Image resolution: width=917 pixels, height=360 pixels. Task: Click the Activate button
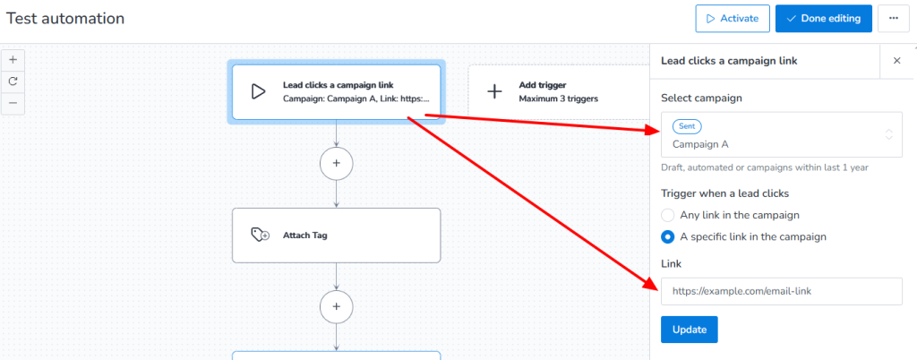(x=732, y=18)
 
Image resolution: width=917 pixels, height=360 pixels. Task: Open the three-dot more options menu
(x=893, y=18)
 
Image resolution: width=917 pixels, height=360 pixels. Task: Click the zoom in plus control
(x=13, y=60)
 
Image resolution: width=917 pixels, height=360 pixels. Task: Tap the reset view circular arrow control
(x=13, y=81)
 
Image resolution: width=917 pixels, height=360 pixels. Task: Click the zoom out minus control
(x=13, y=103)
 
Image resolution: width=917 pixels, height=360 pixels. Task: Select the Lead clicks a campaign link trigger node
(x=336, y=91)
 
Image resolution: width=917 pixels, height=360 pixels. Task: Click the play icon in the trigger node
(x=258, y=91)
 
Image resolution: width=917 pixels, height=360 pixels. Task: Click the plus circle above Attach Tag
(x=337, y=164)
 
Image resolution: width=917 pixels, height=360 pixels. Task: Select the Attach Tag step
(x=336, y=236)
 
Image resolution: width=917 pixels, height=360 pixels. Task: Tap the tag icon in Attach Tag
(x=260, y=236)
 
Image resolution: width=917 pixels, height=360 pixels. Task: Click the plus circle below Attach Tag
(x=337, y=306)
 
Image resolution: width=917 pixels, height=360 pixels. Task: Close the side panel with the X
(x=896, y=61)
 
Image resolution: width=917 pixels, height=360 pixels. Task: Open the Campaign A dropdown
(x=781, y=135)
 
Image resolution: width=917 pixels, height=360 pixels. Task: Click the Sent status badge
(x=688, y=127)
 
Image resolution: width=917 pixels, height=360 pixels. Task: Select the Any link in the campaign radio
(x=667, y=215)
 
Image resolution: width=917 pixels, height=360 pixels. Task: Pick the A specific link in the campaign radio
(x=667, y=237)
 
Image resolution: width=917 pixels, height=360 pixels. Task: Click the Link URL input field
(x=781, y=291)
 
